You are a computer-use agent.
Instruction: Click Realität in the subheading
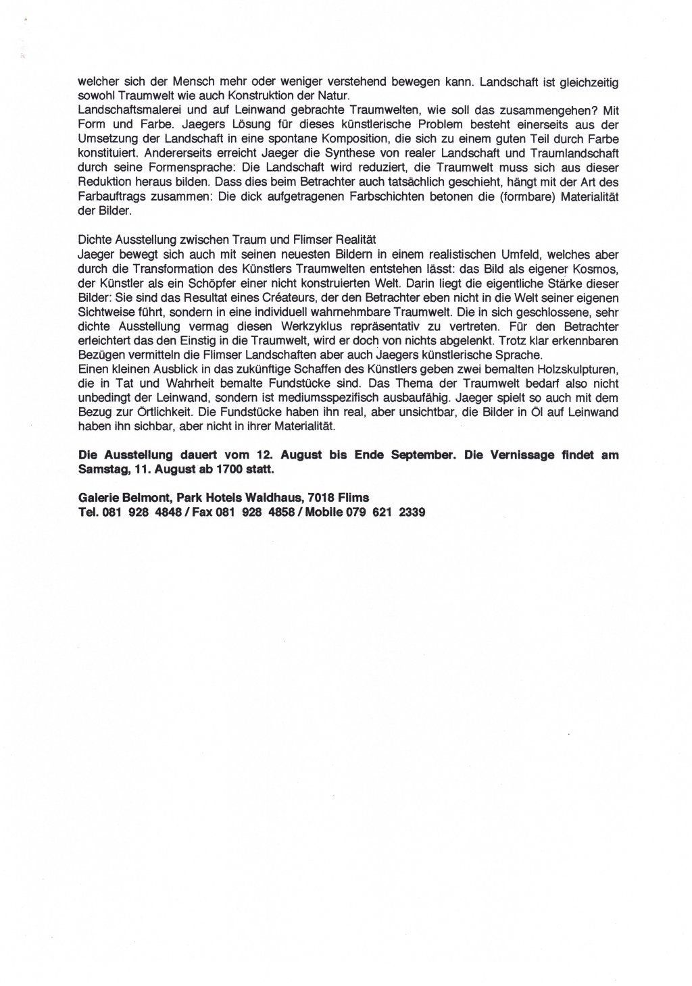point(355,240)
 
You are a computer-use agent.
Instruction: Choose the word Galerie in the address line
point(97,498)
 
